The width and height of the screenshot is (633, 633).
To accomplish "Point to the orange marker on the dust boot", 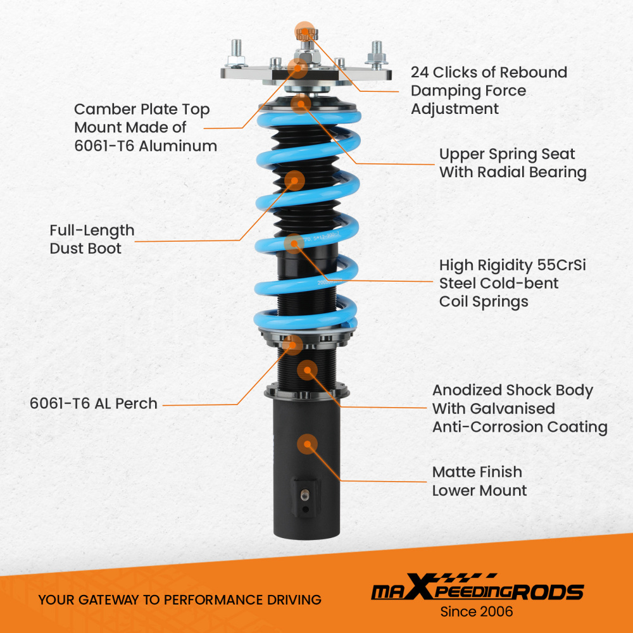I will pos(293,180).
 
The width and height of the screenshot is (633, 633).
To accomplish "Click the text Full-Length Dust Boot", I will pos(92,239).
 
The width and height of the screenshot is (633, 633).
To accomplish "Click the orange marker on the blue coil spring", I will pos(295,243).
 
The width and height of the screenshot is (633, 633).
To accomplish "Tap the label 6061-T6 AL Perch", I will pos(94,403).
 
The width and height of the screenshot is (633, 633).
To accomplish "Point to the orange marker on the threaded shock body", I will pos(307,371).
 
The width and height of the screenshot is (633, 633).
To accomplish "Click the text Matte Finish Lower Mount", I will pos(479,481).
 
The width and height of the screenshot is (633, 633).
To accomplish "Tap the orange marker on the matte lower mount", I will pos(307,442).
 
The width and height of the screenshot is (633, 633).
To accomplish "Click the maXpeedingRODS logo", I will pos(477,592).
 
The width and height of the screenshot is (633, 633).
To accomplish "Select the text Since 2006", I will pos(476,612).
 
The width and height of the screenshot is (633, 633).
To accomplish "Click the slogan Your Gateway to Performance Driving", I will pos(180,599).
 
